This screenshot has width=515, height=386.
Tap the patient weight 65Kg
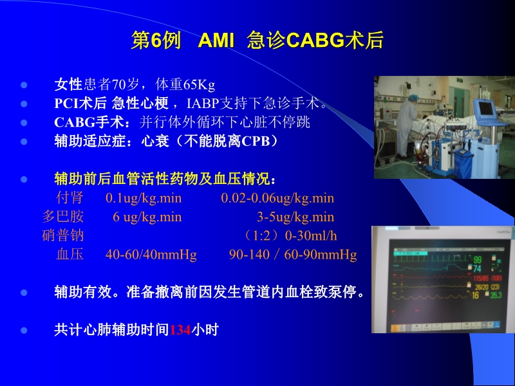click(x=199, y=85)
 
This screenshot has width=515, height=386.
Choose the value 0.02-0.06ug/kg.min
click(x=277, y=198)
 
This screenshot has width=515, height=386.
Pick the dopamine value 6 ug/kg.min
click(x=147, y=217)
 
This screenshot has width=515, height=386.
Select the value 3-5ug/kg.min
click(x=295, y=217)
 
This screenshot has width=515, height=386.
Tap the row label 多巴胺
click(x=63, y=217)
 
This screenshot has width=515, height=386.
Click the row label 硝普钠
click(x=63, y=235)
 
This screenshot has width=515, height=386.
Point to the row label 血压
click(x=70, y=255)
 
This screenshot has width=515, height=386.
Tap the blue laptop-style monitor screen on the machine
click(x=485, y=113)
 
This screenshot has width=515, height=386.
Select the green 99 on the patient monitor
click(x=478, y=259)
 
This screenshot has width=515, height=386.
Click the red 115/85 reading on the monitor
click(x=480, y=277)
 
